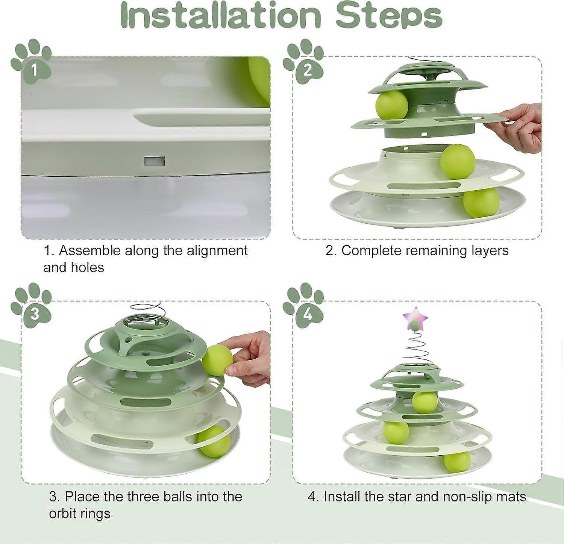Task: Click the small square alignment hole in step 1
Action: pos(154,162)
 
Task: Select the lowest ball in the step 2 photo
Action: pos(481,202)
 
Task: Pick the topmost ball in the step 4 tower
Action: pos(425,402)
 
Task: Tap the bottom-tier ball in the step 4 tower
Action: pos(457,462)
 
